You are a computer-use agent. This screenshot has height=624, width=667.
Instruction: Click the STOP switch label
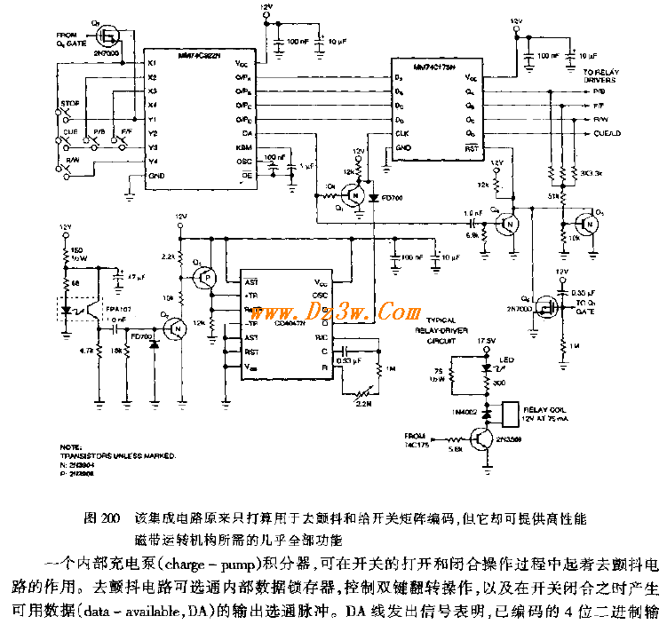coord(70,104)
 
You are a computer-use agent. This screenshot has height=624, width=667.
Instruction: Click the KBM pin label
coord(242,146)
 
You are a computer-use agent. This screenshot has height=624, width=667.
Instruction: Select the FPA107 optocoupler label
coord(118,311)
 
